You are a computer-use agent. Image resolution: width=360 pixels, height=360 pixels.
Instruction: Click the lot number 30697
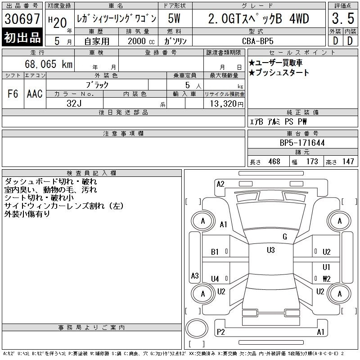click(22, 19)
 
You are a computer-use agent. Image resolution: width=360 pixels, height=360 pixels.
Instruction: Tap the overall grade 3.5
click(343, 18)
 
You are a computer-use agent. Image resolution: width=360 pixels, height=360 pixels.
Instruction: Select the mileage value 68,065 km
click(49, 64)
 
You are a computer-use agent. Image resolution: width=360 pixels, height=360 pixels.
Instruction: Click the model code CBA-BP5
click(258, 41)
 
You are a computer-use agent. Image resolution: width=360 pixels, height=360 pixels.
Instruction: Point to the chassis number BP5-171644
click(302, 143)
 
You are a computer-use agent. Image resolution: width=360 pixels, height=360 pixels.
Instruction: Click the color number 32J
click(74, 103)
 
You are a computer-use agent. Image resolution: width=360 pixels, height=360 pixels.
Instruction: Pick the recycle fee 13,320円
click(227, 103)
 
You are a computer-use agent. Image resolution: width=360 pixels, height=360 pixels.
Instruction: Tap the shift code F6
click(13, 94)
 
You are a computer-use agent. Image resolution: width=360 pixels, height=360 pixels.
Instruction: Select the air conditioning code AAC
click(35, 94)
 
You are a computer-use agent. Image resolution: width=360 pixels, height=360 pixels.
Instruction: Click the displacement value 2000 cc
click(141, 41)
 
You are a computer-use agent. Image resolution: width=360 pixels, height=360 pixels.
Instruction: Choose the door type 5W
click(174, 18)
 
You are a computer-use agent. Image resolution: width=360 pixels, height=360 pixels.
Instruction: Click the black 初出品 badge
click(22, 37)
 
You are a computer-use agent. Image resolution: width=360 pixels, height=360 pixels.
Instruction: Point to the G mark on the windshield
click(285, 237)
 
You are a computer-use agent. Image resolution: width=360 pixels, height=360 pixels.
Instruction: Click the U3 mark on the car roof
click(271, 250)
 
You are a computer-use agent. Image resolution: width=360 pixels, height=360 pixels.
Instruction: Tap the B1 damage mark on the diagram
click(215, 252)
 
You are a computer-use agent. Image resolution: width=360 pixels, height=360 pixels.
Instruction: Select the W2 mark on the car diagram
click(327, 279)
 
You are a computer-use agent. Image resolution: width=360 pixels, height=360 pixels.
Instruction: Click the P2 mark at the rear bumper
click(220, 332)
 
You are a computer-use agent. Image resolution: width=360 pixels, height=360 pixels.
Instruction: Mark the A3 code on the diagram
click(195, 275)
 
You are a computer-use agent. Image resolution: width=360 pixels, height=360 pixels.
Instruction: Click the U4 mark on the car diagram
click(215, 279)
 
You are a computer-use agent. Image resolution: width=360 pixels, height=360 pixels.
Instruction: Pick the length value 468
click(274, 162)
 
